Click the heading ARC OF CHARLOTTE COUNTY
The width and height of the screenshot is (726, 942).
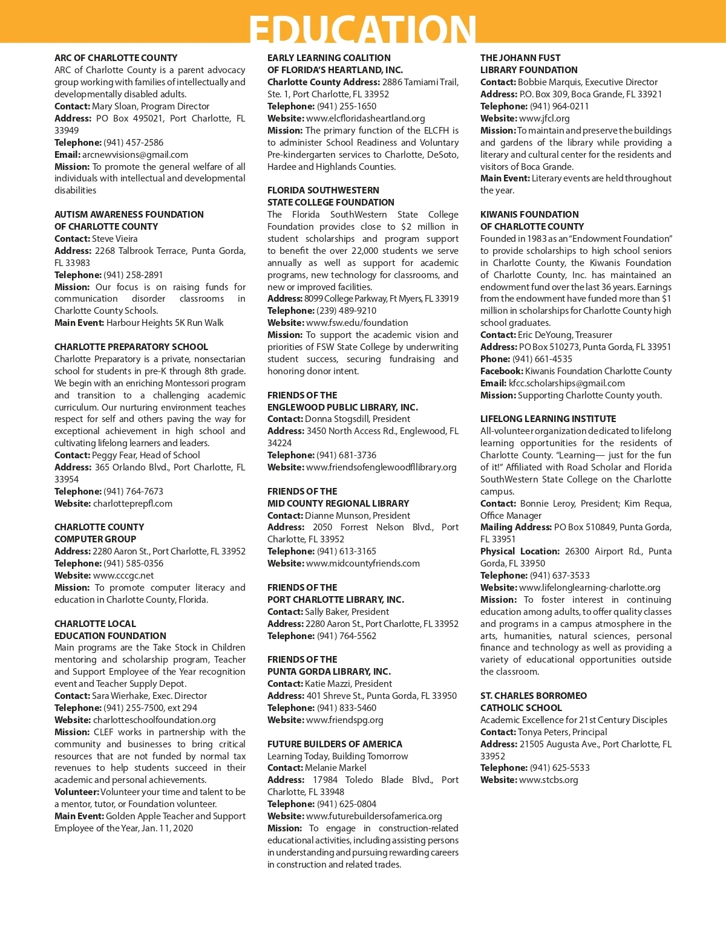point(116,58)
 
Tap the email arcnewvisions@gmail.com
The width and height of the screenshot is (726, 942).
point(135,155)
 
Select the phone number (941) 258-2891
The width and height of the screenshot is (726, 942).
point(133,275)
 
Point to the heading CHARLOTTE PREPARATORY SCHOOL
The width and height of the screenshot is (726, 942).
point(131,347)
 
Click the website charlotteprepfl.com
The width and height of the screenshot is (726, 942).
point(132,504)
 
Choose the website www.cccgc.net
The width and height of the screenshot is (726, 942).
point(123,576)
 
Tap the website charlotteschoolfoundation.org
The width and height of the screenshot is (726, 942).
point(154,720)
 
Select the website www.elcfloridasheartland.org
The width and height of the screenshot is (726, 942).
point(365,119)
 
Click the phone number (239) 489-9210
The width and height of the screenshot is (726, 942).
point(346,311)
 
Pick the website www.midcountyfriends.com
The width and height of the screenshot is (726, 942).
point(362,564)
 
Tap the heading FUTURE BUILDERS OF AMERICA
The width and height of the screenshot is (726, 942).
point(335,744)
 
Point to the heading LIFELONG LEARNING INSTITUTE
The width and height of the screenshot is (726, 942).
point(548,419)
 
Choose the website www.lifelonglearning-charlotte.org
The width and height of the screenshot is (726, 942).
point(589,588)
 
